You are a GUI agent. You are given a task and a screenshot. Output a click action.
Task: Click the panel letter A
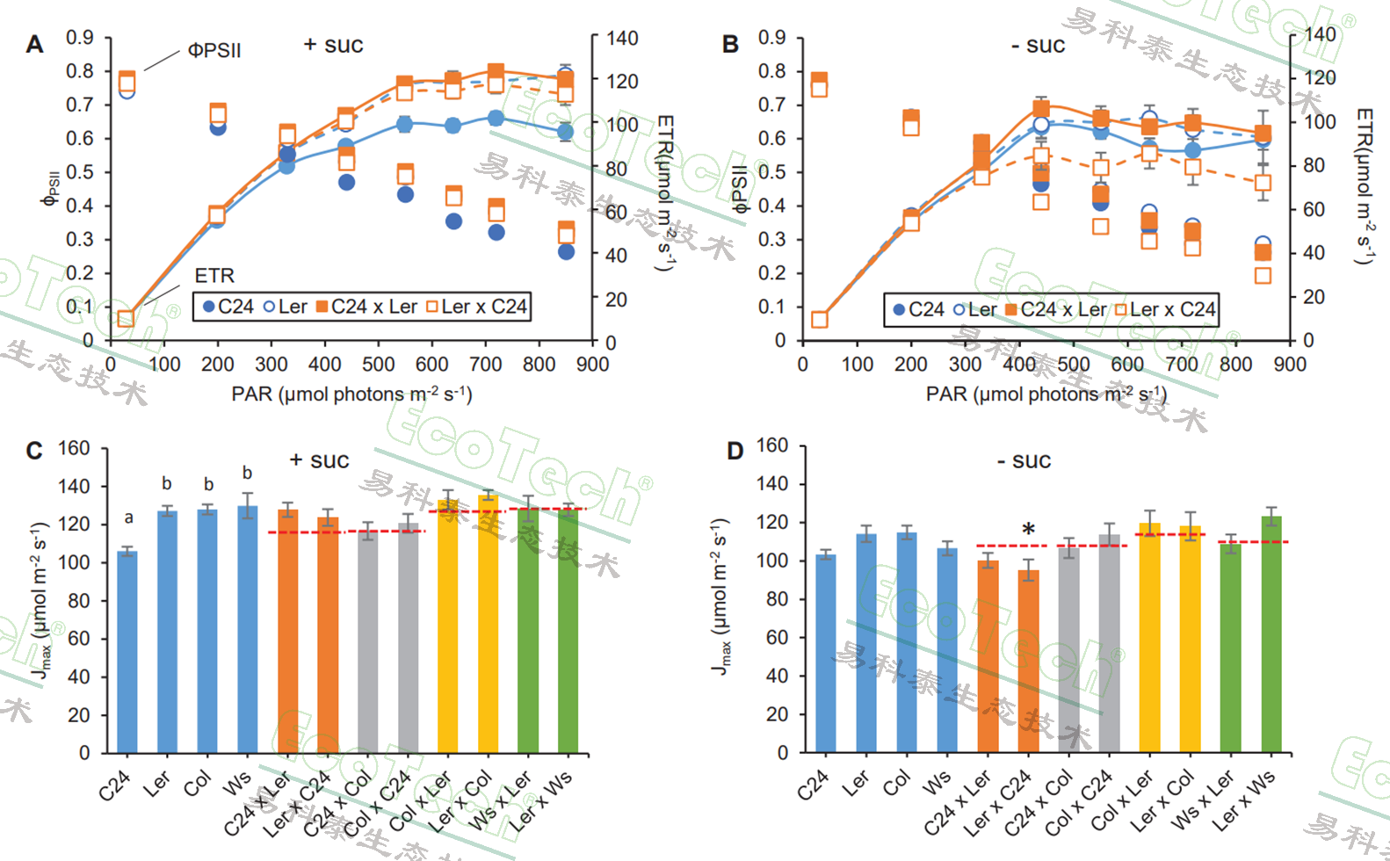click(x=34, y=44)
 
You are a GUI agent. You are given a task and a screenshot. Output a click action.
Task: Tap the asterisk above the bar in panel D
click(x=1028, y=530)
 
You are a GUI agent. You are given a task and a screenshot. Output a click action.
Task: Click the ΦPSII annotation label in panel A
click(x=214, y=51)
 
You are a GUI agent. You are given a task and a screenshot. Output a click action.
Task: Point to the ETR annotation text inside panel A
click(x=214, y=276)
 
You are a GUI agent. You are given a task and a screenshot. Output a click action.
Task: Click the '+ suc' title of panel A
click(x=333, y=45)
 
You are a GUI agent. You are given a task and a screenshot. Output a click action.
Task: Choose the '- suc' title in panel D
click(x=1024, y=460)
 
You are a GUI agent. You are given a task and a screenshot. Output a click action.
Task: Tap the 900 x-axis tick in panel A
click(x=592, y=364)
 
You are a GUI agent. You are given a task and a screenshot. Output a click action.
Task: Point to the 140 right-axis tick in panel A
click(x=622, y=38)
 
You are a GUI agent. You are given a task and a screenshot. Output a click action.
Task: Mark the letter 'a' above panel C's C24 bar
click(x=128, y=518)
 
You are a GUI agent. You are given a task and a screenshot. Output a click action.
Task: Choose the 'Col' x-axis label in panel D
click(x=896, y=783)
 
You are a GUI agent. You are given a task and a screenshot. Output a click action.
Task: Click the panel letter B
click(x=730, y=44)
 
